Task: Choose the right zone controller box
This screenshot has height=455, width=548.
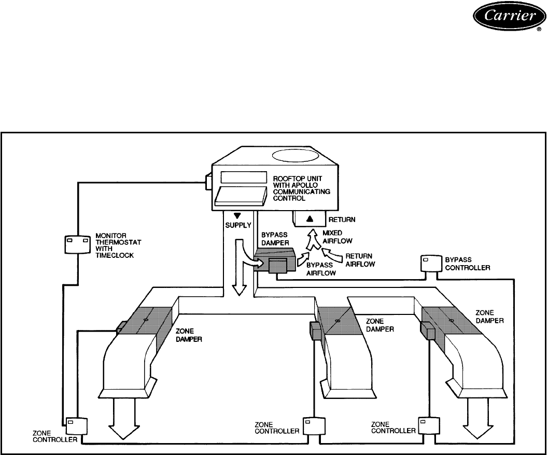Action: point(428,424)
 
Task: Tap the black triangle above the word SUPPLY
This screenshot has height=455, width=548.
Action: point(237,216)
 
